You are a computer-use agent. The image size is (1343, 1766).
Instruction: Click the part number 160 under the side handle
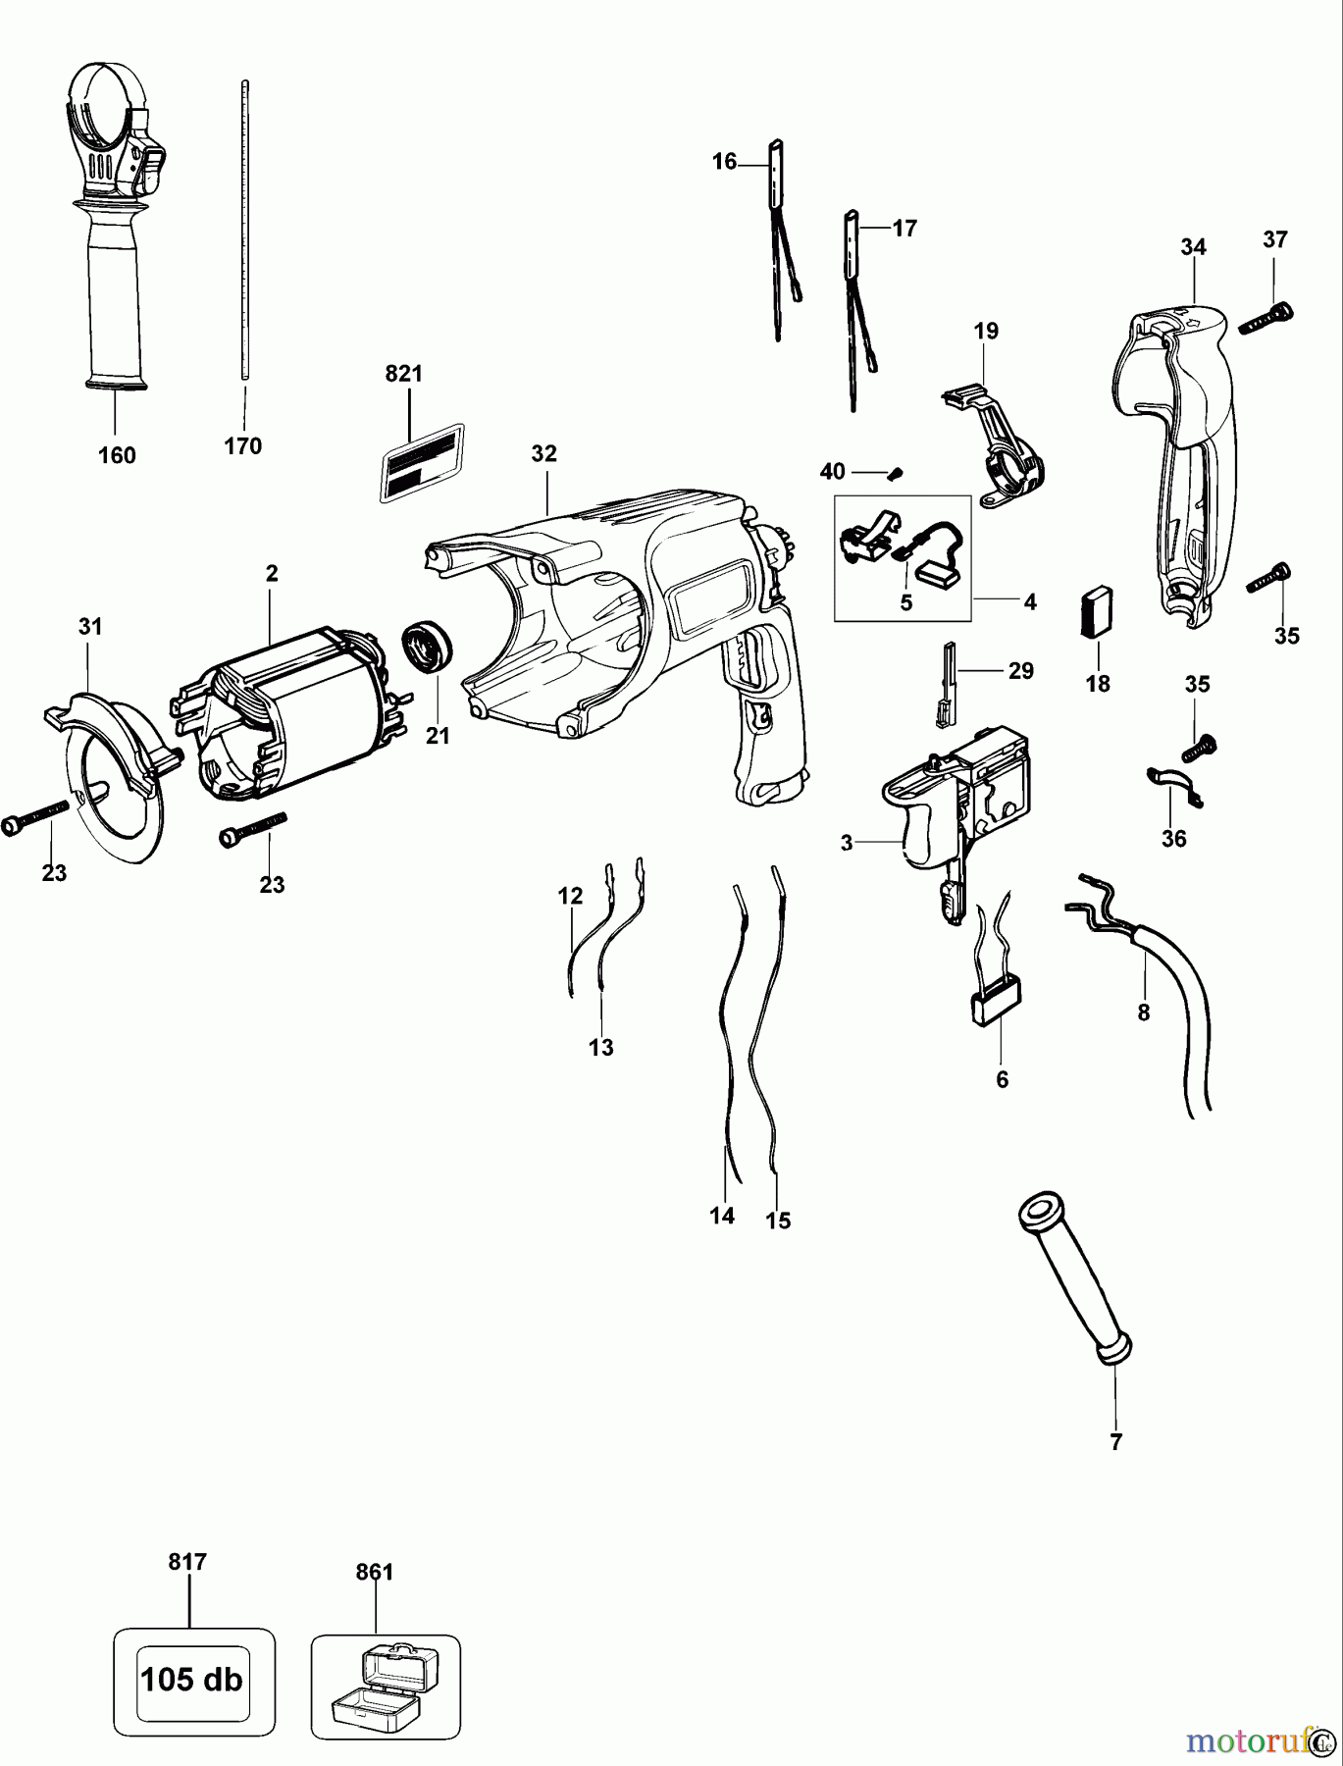point(117,455)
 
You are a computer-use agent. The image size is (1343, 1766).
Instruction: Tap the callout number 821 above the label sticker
point(403,374)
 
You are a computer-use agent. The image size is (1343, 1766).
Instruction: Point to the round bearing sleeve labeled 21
point(428,648)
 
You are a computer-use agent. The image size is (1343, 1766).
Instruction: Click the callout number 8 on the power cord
point(1143,1013)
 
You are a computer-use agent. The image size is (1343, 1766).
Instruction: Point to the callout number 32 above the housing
point(543,453)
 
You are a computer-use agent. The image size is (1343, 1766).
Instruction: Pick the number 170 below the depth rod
point(242,446)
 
